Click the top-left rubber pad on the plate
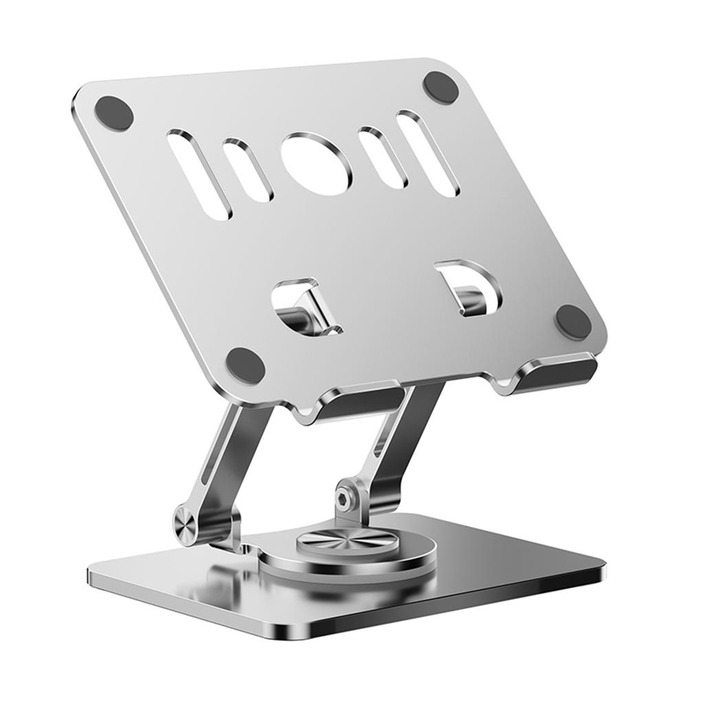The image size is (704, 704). click(x=113, y=113)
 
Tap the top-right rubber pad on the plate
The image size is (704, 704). click(x=441, y=87)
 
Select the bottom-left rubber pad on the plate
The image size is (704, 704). click(x=245, y=365)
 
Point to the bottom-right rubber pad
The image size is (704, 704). click(x=573, y=321)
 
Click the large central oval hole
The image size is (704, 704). click(x=316, y=164)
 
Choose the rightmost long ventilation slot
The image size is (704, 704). click(x=427, y=153)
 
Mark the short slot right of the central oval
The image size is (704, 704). click(x=383, y=156)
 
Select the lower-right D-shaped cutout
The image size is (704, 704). click(x=470, y=287)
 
